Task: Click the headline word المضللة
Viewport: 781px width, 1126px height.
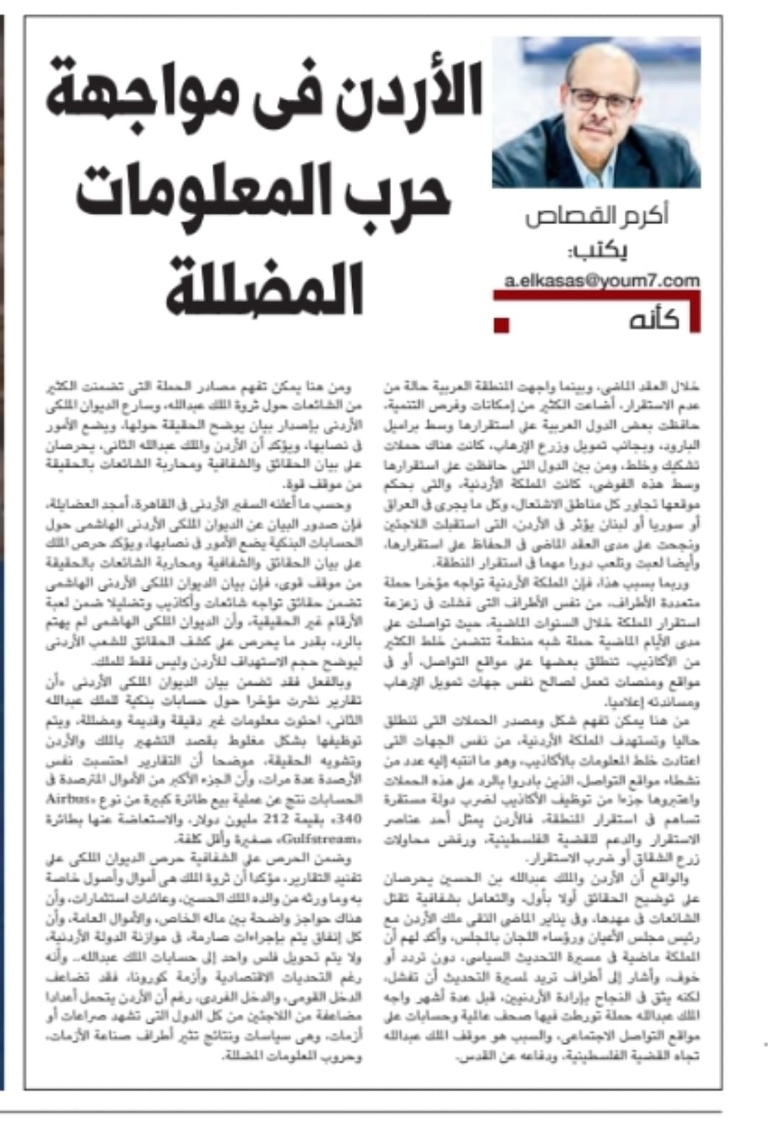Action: pos(265,289)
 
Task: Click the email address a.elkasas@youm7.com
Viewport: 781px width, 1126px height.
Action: pos(602,280)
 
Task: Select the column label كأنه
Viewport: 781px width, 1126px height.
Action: pos(653,319)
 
